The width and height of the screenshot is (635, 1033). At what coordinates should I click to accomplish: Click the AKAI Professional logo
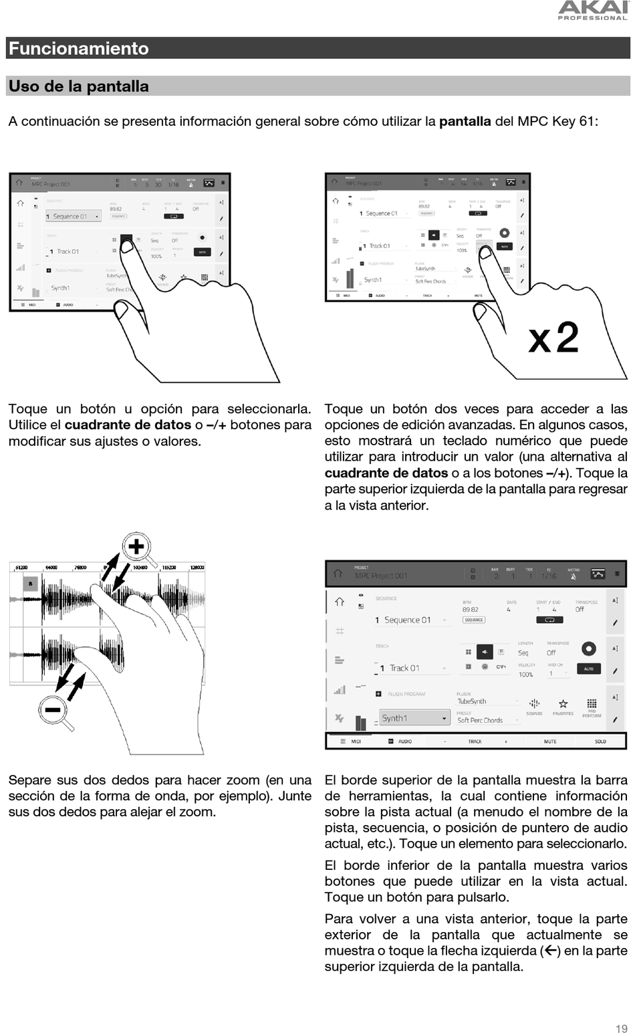(x=593, y=10)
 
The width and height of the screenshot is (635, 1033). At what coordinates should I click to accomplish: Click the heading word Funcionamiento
(x=79, y=48)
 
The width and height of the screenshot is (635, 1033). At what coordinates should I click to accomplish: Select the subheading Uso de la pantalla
(x=79, y=86)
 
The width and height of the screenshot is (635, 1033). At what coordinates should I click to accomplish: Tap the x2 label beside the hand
(x=553, y=338)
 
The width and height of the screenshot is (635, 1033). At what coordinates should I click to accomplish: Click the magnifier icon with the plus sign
(x=137, y=547)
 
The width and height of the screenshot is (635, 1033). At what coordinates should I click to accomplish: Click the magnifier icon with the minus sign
(x=53, y=709)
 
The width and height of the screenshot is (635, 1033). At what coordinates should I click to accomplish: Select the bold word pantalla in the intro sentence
(x=465, y=121)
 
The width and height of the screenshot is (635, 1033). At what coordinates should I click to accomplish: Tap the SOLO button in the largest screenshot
(x=600, y=741)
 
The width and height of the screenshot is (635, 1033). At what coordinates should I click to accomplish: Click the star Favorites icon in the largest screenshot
(x=563, y=704)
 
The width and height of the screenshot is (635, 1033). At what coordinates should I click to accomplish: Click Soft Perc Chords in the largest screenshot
(x=480, y=720)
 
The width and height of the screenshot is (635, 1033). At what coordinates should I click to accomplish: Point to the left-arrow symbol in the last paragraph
(x=551, y=950)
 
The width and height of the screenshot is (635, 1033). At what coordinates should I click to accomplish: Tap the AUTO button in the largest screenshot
(x=589, y=669)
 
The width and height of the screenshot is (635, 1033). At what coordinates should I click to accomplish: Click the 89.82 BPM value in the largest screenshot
(x=471, y=610)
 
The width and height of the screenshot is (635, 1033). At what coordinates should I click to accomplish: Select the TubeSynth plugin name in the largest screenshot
(x=472, y=701)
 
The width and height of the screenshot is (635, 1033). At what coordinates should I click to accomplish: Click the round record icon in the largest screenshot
(x=589, y=648)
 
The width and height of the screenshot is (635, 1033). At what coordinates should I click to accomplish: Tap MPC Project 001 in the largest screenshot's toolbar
(x=381, y=576)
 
